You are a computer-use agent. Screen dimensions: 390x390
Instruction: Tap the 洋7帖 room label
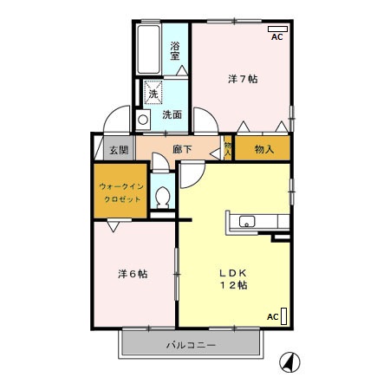243,79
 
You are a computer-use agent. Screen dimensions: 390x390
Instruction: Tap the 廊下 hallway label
183,150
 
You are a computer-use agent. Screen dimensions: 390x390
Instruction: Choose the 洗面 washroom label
172,114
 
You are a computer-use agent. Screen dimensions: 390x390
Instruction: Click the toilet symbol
161,198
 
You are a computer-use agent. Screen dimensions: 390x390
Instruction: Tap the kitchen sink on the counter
246,222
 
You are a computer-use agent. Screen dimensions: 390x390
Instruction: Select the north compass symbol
289,361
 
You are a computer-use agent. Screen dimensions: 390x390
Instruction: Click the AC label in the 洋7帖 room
277,39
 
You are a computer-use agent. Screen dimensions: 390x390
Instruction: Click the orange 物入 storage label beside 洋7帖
263,149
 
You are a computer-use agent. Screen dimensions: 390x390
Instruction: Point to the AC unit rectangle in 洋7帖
277,29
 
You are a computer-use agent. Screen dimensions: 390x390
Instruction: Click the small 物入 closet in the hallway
227,149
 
